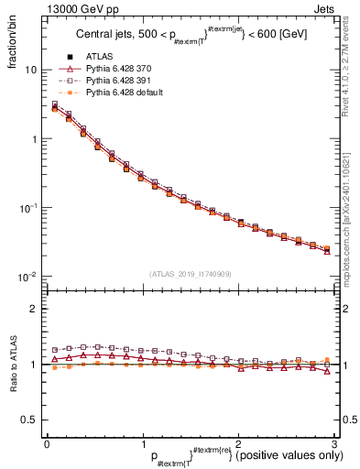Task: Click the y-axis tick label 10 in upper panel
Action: [31, 70]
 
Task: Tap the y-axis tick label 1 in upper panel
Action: [34, 139]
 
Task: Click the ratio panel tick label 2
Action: [34, 310]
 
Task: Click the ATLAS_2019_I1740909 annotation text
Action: [191, 273]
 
